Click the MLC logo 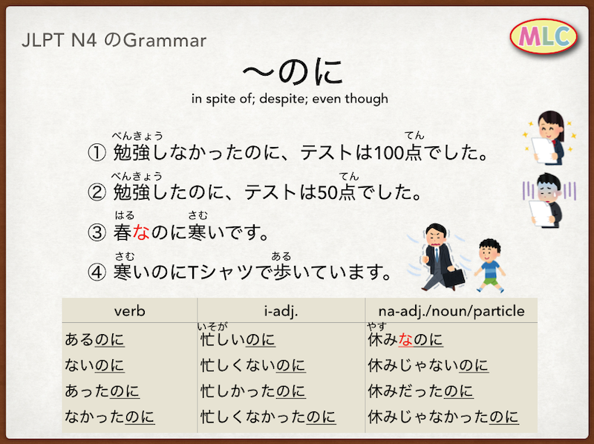coord(544,36)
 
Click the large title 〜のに coord(293,72)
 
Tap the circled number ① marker coord(97,153)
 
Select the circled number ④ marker coord(97,272)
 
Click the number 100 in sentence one coord(388,153)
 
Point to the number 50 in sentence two coord(327,193)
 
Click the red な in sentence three coord(141,232)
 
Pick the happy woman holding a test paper coord(549,137)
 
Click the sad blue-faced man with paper coord(549,200)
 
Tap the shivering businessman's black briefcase coord(454,277)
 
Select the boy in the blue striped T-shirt coord(490,265)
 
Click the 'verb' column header coord(129,311)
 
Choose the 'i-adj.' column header coord(281,311)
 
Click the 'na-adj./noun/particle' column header coord(451,311)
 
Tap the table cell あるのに coord(94,339)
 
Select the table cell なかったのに coord(109,417)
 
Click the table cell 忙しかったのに coord(253,391)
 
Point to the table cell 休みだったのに coord(420,391)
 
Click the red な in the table coord(405,339)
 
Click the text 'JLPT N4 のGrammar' coord(114,41)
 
